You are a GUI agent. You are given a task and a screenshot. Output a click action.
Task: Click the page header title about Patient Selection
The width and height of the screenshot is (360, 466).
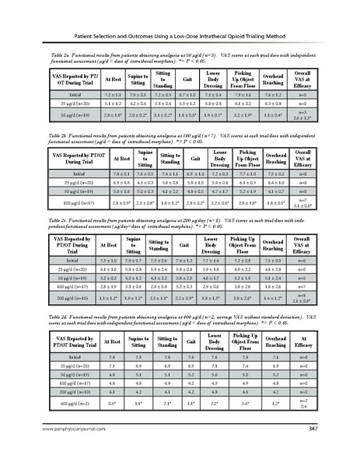click(180, 36)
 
